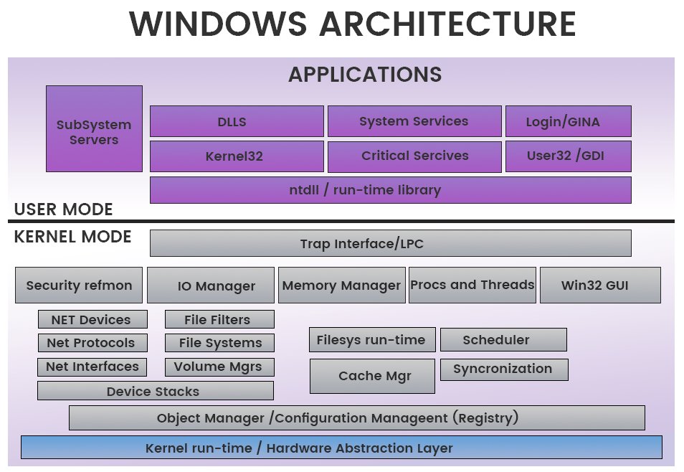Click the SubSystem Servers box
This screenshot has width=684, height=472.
[94, 129]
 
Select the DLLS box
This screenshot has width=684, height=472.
[237, 121]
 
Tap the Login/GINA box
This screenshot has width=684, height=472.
[569, 121]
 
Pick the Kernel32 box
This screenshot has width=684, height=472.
[237, 156]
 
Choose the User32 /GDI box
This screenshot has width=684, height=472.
[569, 156]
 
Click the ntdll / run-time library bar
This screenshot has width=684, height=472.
[391, 190]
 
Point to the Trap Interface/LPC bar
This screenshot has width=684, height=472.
[391, 243]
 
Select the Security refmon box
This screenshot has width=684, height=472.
[79, 285]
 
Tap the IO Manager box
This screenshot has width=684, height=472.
[211, 285]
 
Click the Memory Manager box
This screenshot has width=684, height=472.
[342, 285]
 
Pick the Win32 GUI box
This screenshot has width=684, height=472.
[600, 285]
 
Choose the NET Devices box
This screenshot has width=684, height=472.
[93, 319]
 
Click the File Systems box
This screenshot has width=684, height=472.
[220, 343]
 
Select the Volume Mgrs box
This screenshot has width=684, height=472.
[220, 367]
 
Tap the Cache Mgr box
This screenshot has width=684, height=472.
[373, 376]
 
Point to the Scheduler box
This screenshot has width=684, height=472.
[503, 340]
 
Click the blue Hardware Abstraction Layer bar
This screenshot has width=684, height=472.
[341, 448]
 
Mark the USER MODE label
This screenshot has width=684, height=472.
[64, 209]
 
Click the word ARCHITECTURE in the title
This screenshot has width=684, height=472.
[447, 24]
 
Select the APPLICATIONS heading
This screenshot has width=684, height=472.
[365, 74]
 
